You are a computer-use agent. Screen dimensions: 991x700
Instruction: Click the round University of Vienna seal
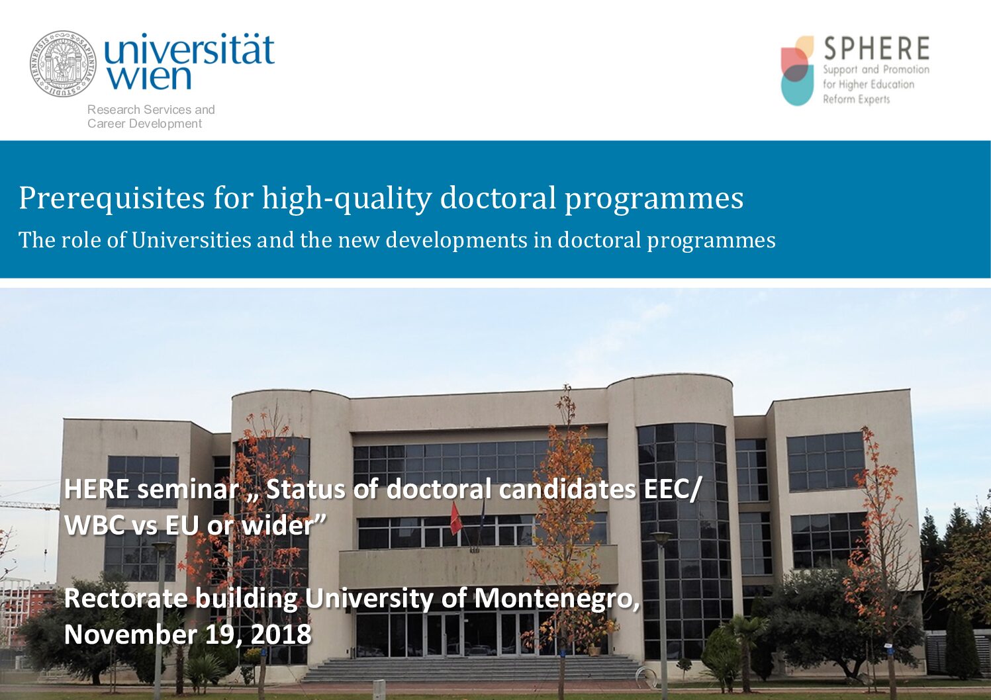click(64, 64)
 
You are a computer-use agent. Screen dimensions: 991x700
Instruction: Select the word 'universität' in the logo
click(189, 49)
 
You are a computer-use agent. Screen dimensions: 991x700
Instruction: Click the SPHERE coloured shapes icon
click(797, 71)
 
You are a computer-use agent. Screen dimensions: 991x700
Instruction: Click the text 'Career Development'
click(145, 123)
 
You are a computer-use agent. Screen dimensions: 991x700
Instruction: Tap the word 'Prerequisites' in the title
click(111, 198)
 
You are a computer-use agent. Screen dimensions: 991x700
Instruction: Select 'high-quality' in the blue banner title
click(347, 198)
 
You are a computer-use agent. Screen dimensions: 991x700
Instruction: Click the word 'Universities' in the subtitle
click(191, 240)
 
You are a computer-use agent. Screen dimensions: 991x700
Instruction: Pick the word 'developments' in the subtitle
click(457, 241)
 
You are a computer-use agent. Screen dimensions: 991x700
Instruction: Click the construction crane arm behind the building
click(29, 505)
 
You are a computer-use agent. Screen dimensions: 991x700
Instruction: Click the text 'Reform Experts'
click(857, 99)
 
